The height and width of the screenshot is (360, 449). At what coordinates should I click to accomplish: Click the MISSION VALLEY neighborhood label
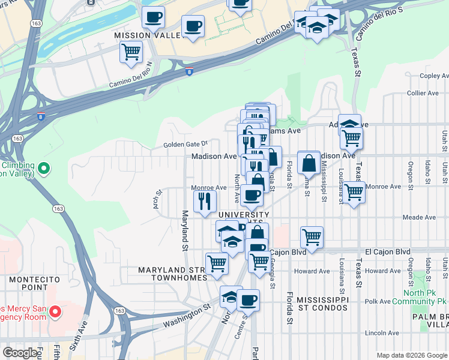[148, 36]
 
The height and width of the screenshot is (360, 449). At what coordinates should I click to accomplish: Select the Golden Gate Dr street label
[185, 144]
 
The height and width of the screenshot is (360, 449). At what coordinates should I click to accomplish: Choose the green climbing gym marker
[43, 169]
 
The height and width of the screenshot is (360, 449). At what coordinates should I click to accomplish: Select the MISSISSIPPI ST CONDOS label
[322, 304]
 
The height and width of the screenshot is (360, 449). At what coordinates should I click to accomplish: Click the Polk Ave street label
[377, 301]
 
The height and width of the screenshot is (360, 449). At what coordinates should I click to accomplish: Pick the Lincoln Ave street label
[382, 333]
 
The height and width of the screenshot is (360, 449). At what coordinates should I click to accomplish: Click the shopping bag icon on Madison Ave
[309, 163]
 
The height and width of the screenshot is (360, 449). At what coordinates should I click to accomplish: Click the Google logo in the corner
[20, 352]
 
